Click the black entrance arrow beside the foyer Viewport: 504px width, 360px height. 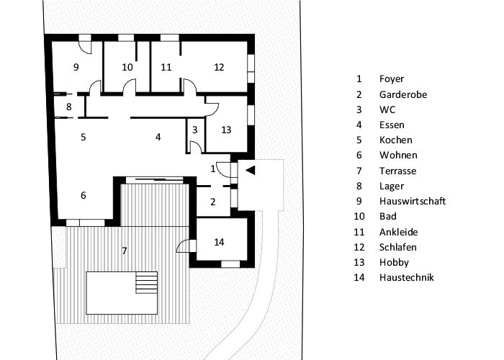(x=251, y=171)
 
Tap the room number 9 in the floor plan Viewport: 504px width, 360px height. (x=76, y=67)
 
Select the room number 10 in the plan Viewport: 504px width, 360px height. (x=127, y=67)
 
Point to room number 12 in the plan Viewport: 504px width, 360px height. (x=219, y=67)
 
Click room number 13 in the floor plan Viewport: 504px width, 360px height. (x=226, y=130)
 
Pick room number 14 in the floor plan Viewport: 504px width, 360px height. (x=219, y=242)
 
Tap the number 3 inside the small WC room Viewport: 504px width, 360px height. (x=195, y=130)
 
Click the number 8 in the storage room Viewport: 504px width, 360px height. (x=69, y=107)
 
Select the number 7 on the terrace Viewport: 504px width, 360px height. (x=125, y=251)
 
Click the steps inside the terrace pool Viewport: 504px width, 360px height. (x=147, y=282)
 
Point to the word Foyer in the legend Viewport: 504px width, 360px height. (x=392, y=79)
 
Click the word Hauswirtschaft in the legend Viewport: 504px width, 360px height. (x=413, y=201)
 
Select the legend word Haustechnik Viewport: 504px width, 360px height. (x=407, y=277)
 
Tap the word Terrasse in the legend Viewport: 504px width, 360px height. (x=397, y=171)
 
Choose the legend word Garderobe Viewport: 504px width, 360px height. (x=403, y=94)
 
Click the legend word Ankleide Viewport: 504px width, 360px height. (x=399, y=232)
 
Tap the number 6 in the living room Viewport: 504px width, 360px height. (x=84, y=195)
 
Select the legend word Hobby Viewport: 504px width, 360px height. (x=394, y=263)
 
